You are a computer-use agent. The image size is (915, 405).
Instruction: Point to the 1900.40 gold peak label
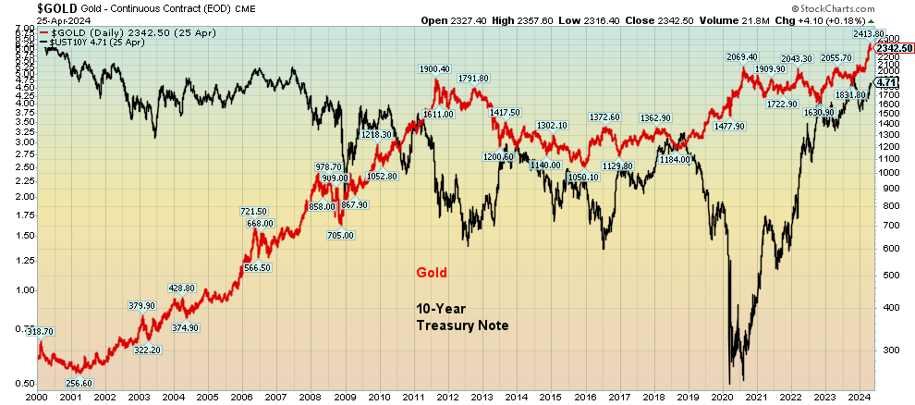point(434,69)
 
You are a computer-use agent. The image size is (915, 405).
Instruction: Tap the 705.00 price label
point(341,235)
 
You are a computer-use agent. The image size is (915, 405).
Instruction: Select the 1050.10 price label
point(582,177)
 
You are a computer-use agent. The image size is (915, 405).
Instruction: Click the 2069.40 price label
point(743,57)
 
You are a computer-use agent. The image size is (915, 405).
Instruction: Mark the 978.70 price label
point(328,166)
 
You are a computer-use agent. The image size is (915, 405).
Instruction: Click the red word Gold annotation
point(431,273)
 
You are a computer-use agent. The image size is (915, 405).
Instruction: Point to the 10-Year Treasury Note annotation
point(459,316)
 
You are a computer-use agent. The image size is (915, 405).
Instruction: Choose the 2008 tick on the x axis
point(310,398)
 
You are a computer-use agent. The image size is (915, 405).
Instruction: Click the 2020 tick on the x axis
point(723,398)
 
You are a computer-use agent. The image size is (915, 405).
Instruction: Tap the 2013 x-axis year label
point(482,398)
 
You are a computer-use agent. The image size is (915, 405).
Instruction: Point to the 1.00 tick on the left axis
point(24,290)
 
